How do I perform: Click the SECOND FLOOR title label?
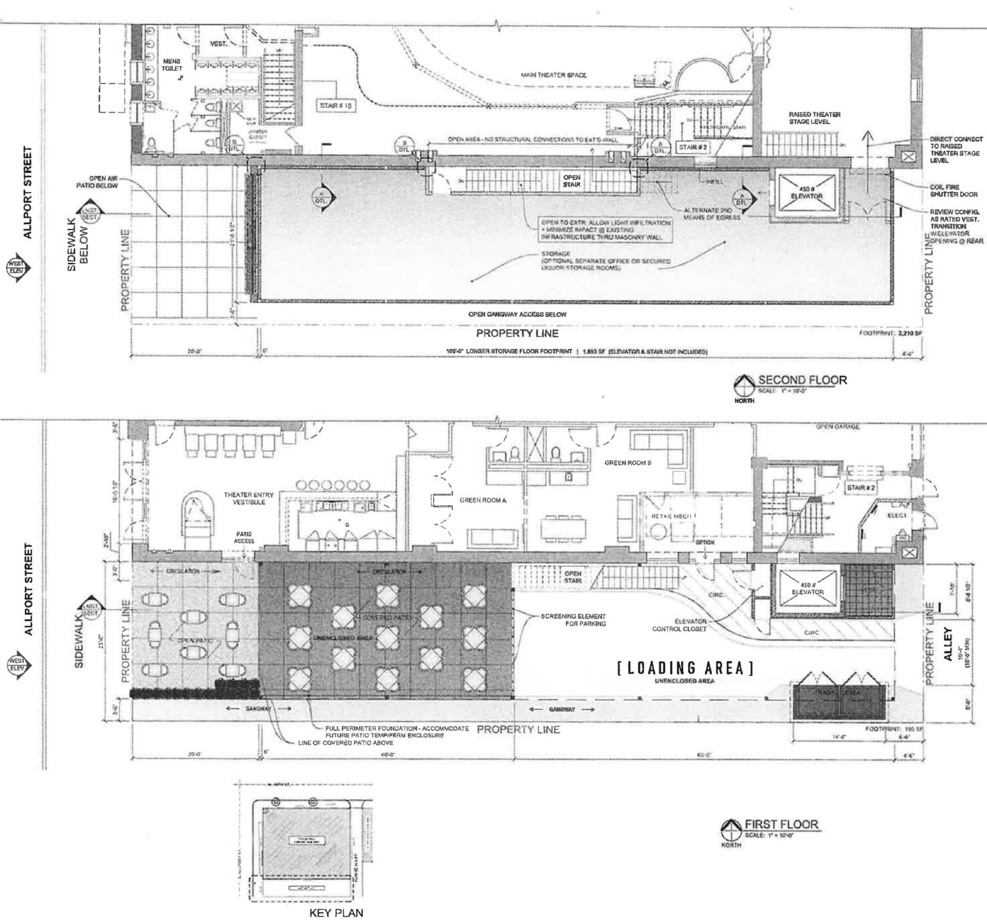click(x=802, y=379)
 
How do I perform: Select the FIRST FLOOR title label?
click(x=781, y=824)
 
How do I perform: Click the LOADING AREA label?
click(x=685, y=668)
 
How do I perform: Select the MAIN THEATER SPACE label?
click(x=553, y=75)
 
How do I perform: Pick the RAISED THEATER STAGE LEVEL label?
click(x=815, y=118)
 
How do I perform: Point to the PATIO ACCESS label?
click(x=243, y=537)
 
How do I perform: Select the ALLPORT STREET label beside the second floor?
click(x=26, y=192)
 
